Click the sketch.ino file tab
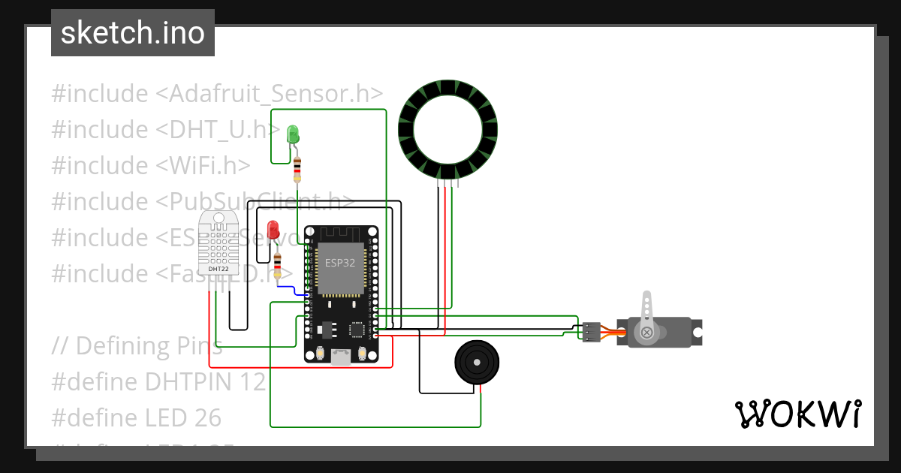tap(132, 33)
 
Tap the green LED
tap(293, 135)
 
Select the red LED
tap(273, 228)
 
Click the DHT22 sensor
tap(218, 244)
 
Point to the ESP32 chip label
tap(340, 263)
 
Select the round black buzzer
tap(476, 362)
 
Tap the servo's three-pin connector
tap(591, 331)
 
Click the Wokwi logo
tap(797, 414)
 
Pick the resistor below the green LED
tap(298, 169)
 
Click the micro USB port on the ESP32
tap(341, 358)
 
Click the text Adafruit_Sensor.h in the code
tap(270, 94)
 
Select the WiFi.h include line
tap(150, 166)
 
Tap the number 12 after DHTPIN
tap(253, 382)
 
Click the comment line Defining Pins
tap(137, 346)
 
